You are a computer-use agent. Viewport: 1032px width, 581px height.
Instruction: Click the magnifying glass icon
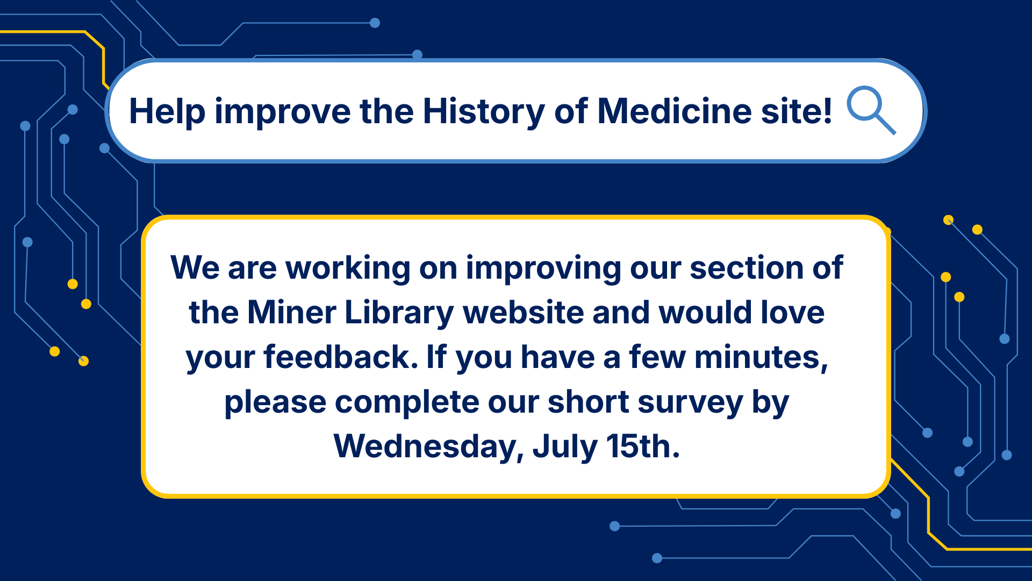click(871, 110)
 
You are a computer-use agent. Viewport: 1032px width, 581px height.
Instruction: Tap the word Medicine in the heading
click(675, 111)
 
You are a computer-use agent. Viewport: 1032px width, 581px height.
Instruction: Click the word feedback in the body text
click(341, 357)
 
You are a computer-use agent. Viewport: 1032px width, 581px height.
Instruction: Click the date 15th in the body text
click(643, 446)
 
